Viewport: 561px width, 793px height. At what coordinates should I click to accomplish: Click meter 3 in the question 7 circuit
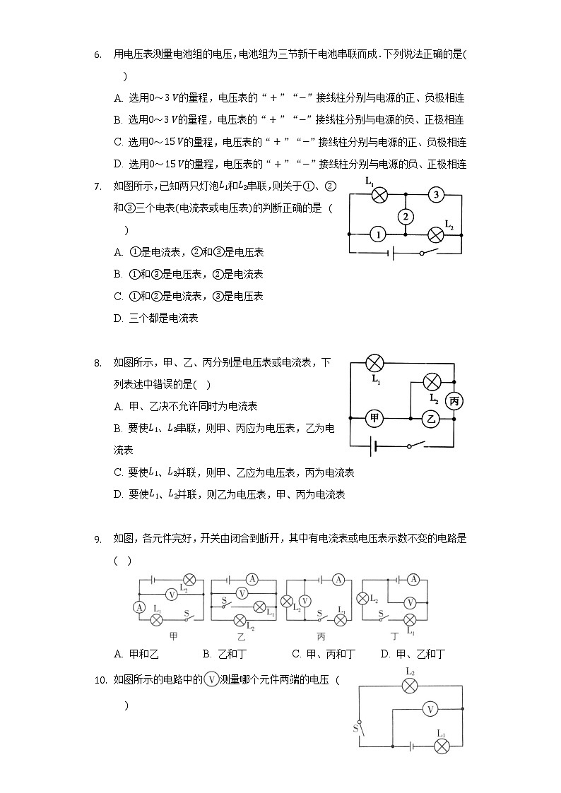[x=437, y=195]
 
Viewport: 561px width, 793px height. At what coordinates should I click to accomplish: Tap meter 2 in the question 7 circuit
[x=404, y=216]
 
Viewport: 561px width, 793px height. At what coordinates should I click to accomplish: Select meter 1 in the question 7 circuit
[x=379, y=234]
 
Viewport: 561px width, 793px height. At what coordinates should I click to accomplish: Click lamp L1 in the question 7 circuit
[x=379, y=196]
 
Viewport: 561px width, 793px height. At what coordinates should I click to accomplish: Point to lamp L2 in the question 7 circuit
[x=437, y=235]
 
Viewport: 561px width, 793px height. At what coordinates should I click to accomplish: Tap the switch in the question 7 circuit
[x=426, y=252]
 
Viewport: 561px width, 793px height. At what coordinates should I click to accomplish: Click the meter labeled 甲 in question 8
[x=374, y=419]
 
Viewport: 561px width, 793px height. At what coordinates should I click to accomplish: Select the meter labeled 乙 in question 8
[x=431, y=419]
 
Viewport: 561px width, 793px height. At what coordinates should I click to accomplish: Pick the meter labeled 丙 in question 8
[x=455, y=401]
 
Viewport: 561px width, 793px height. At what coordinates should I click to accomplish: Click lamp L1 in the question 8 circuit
[x=374, y=364]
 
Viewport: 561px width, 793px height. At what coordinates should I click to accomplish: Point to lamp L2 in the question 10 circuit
[x=411, y=685]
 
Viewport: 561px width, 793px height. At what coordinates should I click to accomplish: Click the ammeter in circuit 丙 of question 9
[x=338, y=580]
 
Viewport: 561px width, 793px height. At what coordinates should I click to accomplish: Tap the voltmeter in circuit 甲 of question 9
[x=171, y=594]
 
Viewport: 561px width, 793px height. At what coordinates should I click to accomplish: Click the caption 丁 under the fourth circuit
[x=393, y=636]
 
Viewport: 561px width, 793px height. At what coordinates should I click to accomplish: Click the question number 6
[x=98, y=54]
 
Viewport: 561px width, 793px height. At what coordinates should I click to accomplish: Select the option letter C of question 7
[x=118, y=296]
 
